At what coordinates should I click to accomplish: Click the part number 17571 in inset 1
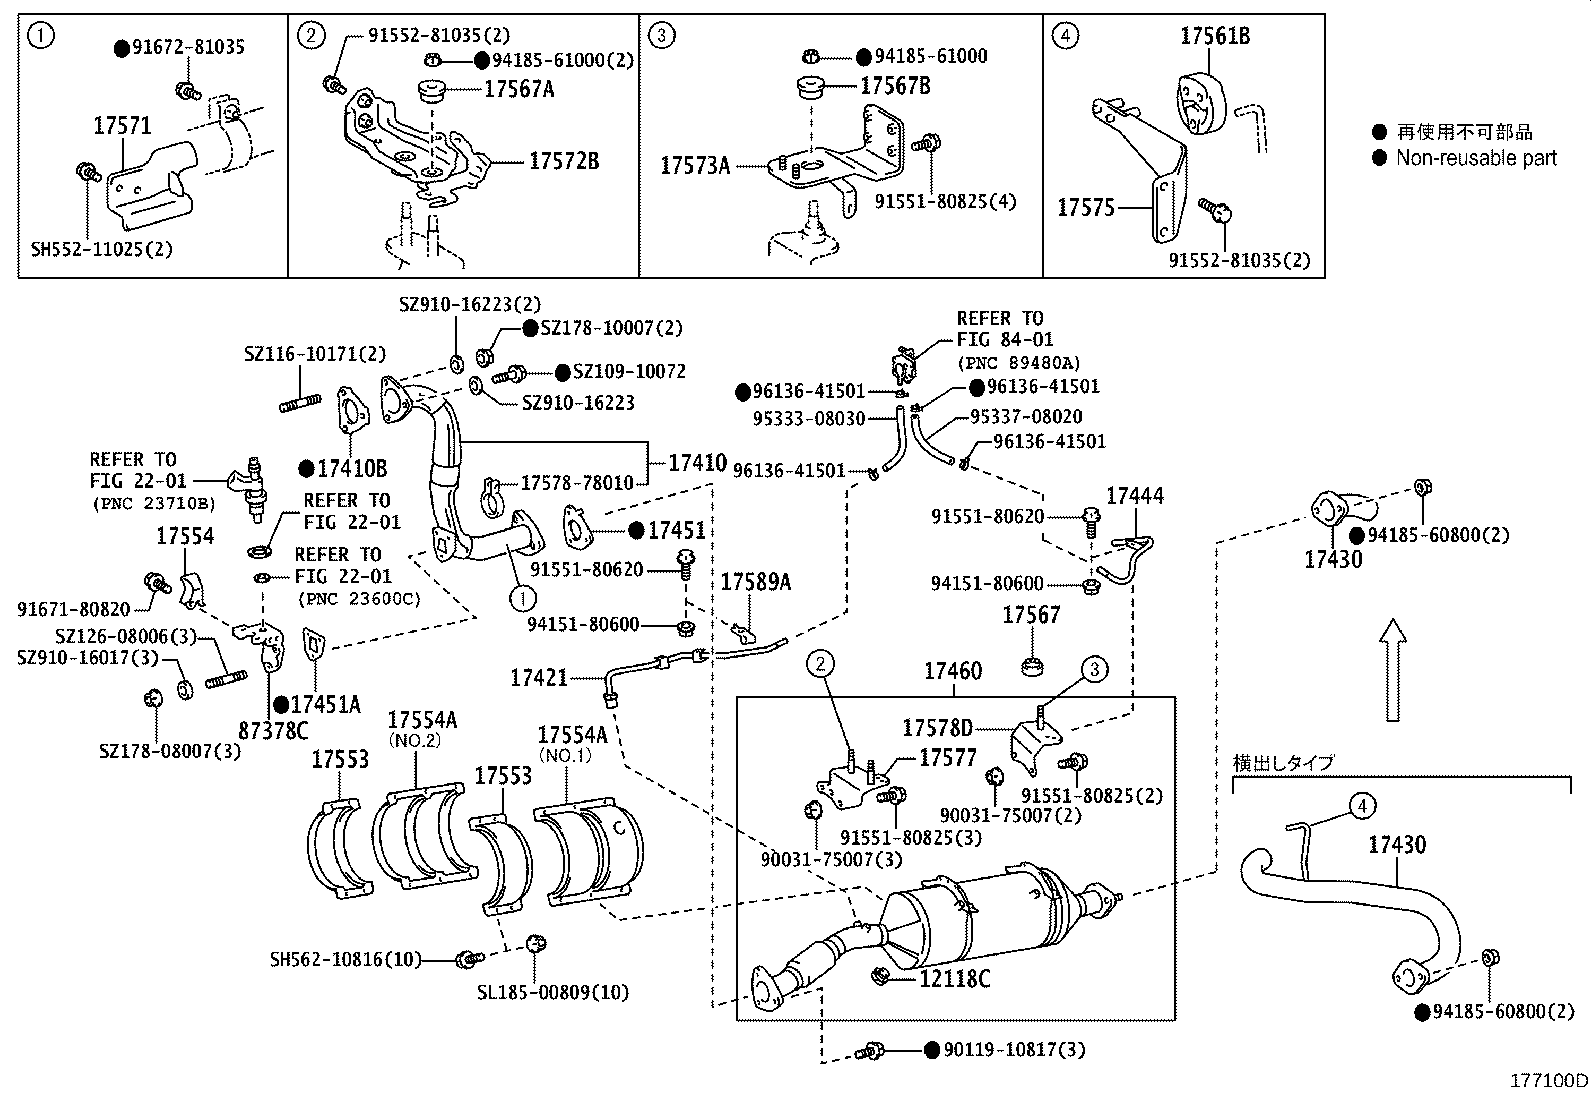coord(122,126)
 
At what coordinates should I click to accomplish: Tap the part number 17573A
coord(695,165)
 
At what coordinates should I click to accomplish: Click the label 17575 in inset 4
coord(1085,207)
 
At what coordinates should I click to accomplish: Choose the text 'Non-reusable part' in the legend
coord(1476,157)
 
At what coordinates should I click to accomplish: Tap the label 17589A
coord(755,582)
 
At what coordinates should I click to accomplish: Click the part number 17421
coord(538,678)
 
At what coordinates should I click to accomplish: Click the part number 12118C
coord(954,979)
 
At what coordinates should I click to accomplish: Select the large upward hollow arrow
coord(1393,669)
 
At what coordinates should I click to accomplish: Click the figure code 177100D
coord(1548,1080)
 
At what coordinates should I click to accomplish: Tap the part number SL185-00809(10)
coord(553,993)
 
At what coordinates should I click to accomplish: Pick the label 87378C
coord(272,730)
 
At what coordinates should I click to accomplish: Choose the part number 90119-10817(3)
coord(1015,1050)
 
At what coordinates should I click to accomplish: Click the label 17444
coord(1134,496)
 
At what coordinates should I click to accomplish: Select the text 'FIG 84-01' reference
coord(1004,340)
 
